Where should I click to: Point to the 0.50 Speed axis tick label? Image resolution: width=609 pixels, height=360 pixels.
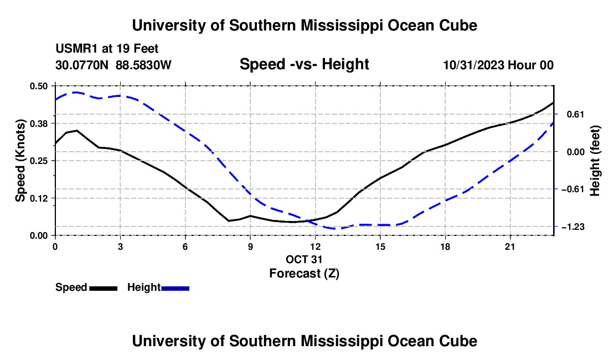(39, 86)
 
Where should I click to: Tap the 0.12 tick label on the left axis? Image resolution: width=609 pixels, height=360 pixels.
(39, 198)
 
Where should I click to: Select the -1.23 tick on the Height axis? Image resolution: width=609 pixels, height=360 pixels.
(573, 227)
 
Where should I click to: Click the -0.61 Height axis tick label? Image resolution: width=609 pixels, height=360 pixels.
(573, 189)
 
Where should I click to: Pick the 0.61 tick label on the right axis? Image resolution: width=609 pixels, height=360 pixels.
(576, 114)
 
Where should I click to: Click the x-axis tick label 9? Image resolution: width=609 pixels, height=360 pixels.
(250, 246)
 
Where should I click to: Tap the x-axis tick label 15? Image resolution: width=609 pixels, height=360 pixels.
(380, 246)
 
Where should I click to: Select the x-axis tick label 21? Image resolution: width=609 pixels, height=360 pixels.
(510, 246)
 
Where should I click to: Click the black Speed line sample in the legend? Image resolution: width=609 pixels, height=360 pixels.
(104, 288)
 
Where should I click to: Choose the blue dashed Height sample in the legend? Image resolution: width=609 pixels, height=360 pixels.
(175, 288)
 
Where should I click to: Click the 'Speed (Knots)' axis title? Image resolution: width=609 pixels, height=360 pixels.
(20, 161)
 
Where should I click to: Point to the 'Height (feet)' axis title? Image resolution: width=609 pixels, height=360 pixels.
(595, 161)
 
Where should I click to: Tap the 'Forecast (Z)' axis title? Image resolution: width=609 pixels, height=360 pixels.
(304, 274)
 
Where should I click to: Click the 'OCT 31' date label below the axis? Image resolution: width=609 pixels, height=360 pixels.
(304, 259)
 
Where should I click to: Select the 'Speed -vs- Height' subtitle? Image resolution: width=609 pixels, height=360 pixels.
(304, 64)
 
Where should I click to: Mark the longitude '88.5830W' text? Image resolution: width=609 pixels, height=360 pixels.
(144, 65)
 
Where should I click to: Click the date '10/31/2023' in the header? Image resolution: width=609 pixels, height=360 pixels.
(474, 65)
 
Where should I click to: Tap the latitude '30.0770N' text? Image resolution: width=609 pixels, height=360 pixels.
(82, 65)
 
